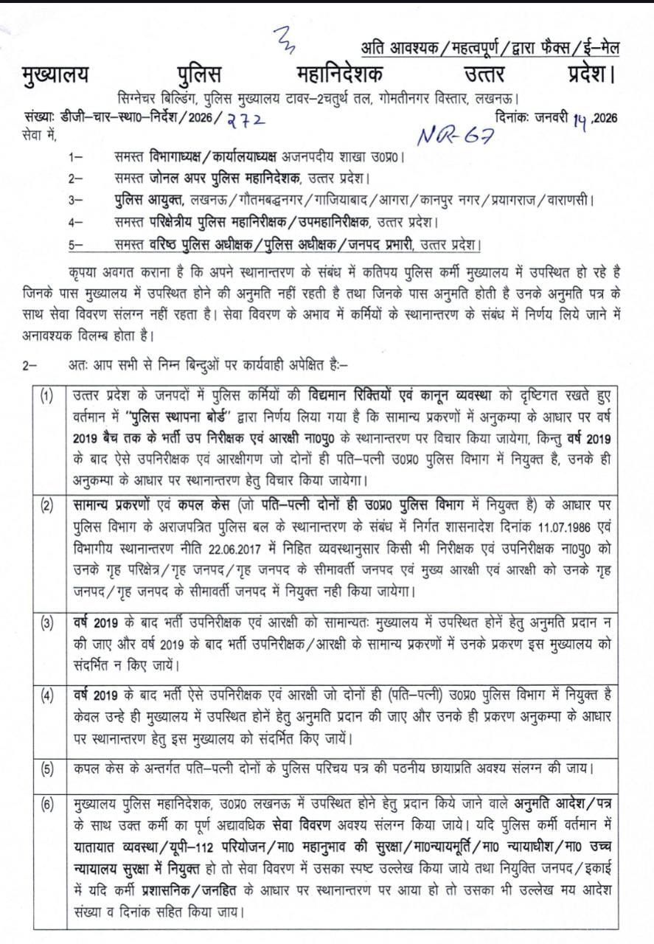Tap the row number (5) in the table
tap(48, 768)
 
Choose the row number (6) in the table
tap(48, 805)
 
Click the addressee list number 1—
tap(75, 157)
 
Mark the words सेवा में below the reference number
tap(38, 133)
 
